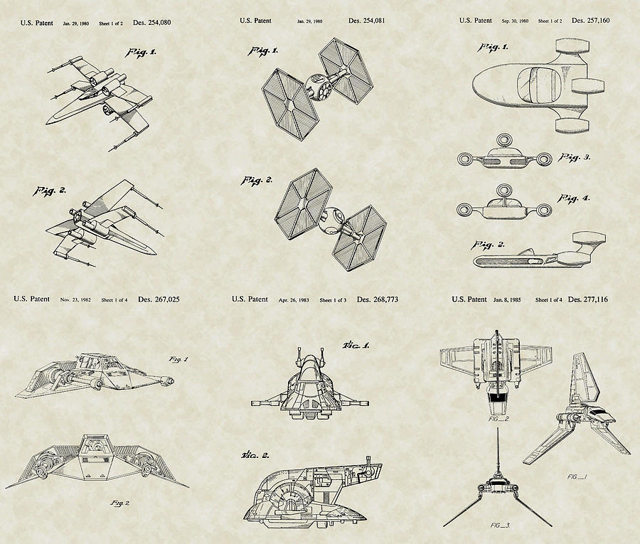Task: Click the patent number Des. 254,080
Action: click(x=150, y=22)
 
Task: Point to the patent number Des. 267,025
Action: click(x=159, y=299)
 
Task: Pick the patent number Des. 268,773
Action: click(x=377, y=299)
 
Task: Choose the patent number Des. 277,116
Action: click(x=590, y=299)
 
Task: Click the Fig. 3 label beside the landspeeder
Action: click(x=575, y=156)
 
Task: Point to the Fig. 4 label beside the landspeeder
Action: click(x=574, y=198)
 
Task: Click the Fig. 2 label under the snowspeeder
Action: click(x=119, y=503)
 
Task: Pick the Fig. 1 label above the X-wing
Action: click(x=141, y=53)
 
